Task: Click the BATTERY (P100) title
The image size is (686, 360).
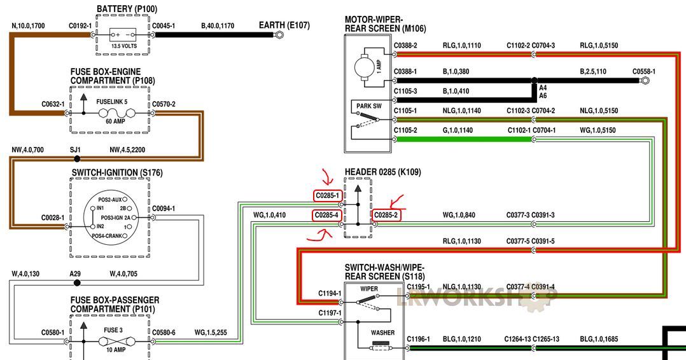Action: coord(127,9)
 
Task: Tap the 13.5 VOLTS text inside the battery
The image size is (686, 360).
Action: coord(124,46)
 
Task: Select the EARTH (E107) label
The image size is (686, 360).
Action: coord(284,25)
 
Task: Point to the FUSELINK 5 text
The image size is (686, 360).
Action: coord(112,102)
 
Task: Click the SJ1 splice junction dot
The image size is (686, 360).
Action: coord(77,159)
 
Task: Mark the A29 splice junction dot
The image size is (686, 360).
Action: coord(77,282)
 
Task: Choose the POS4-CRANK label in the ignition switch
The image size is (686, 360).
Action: coord(107,236)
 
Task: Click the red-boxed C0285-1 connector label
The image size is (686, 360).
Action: coord(327,195)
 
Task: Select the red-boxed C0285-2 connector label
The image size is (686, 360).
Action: coord(386,215)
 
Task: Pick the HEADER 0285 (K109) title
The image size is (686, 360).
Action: coord(383,172)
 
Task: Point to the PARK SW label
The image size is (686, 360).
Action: coord(369,106)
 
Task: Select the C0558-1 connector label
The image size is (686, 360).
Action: coord(644,71)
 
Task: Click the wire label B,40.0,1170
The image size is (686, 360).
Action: coord(218,26)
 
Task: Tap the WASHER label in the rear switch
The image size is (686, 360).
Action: coord(383,333)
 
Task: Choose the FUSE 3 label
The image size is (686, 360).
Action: coord(113,330)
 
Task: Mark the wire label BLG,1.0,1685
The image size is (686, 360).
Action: coord(599,339)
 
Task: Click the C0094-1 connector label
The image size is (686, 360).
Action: coord(164,209)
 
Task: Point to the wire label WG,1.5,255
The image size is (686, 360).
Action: coord(211,333)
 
